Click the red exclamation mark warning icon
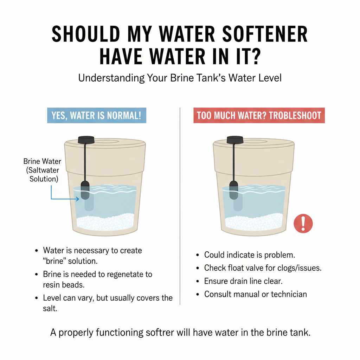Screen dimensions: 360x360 [303, 223]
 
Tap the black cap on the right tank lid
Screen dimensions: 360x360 [233, 140]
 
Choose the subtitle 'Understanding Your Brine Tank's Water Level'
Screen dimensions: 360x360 [180, 78]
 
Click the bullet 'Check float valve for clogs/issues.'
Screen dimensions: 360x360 [263, 268]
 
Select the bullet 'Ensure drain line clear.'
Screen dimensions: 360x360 [243, 281]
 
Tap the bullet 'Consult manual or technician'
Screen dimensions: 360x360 [255, 294]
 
